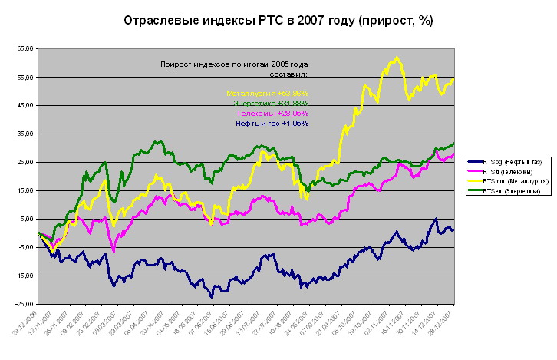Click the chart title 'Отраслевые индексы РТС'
(x=278, y=21)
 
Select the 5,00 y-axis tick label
(x=25, y=219)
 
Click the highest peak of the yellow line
(x=396, y=58)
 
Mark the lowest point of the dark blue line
(x=212, y=296)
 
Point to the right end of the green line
(x=453, y=143)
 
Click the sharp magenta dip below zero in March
(x=114, y=250)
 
